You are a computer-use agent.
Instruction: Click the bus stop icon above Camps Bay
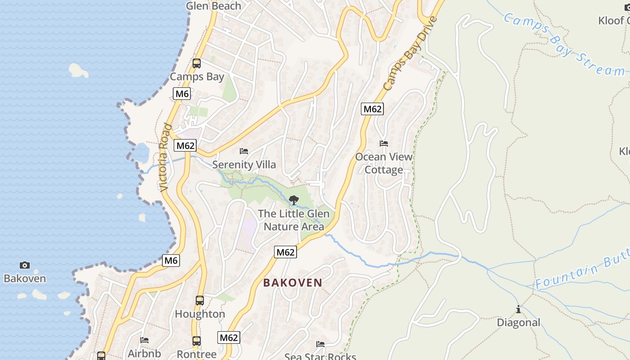pyautogui.click(x=197, y=63)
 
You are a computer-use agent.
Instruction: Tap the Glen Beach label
pyautogui.click(x=213, y=6)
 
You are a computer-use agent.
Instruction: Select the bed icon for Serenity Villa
pyautogui.click(x=244, y=151)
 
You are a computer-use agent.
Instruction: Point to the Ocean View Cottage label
pyautogui.click(x=384, y=163)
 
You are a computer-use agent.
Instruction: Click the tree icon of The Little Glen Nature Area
pyautogui.click(x=293, y=200)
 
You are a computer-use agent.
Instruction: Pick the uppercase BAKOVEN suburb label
pyautogui.click(x=292, y=283)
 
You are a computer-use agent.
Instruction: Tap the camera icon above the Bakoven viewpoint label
pyautogui.click(x=25, y=265)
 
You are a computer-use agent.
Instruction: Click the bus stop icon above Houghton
pyautogui.click(x=200, y=301)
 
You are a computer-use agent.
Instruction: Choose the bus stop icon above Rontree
pyautogui.click(x=197, y=341)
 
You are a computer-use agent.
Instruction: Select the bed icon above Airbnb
pyautogui.click(x=144, y=340)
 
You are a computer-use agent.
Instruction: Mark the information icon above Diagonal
pyautogui.click(x=518, y=309)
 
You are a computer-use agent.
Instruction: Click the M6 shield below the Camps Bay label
pyautogui.click(x=182, y=94)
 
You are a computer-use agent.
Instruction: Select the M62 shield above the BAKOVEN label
pyautogui.click(x=285, y=252)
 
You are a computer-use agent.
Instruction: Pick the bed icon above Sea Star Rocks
pyautogui.click(x=320, y=344)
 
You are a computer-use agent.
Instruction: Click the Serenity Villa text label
pyautogui.click(x=244, y=165)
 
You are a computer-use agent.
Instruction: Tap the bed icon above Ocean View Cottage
pyautogui.click(x=384, y=144)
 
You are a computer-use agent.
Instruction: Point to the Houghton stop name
pyautogui.click(x=200, y=314)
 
